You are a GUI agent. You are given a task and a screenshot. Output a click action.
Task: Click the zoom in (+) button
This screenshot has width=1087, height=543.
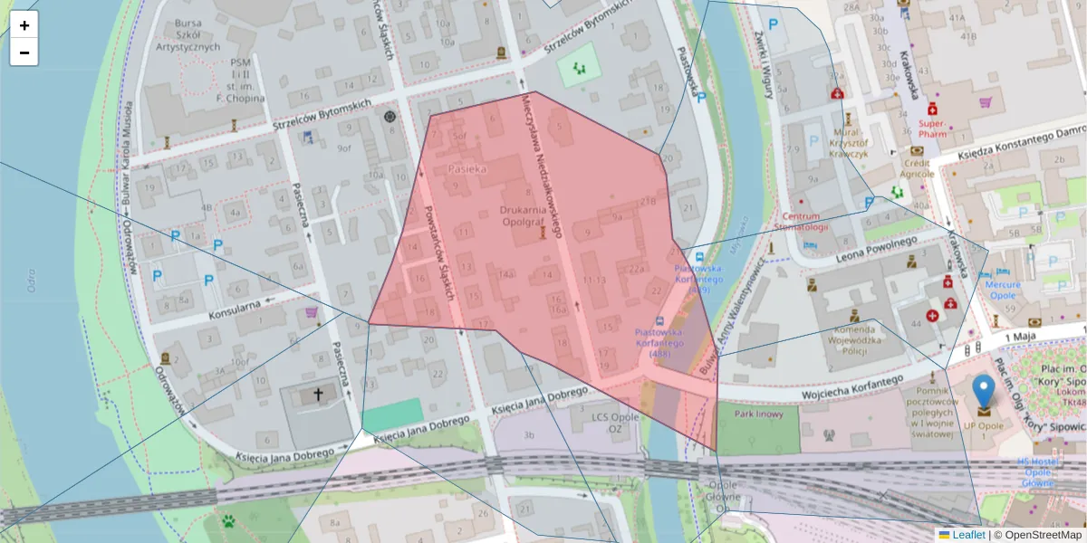pyautogui.click(x=24, y=25)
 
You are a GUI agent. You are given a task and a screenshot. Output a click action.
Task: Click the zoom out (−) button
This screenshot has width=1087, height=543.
pyautogui.click(x=24, y=52)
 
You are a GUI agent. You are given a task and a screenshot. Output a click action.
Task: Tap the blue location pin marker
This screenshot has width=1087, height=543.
pyautogui.click(x=983, y=395)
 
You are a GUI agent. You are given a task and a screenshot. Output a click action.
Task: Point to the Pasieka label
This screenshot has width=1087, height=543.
pyautogui.click(x=468, y=169)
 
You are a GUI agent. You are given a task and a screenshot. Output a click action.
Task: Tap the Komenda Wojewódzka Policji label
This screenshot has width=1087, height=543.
pyautogui.click(x=854, y=341)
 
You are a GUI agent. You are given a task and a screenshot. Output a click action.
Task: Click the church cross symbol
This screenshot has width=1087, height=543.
pyautogui.click(x=318, y=395)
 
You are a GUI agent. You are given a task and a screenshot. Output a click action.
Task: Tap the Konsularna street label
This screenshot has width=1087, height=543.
pyautogui.click(x=234, y=309)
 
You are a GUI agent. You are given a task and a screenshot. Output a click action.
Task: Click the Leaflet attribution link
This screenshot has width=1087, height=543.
pyautogui.click(x=967, y=535)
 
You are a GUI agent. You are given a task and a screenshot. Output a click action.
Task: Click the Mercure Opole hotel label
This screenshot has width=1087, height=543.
pyautogui.click(x=1003, y=290)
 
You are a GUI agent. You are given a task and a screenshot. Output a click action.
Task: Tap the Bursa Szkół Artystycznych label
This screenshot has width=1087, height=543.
pyautogui.click(x=188, y=33)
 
